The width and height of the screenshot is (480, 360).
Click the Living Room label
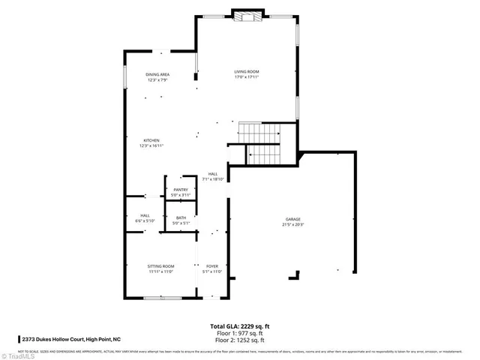246,72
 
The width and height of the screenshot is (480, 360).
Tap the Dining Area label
157,74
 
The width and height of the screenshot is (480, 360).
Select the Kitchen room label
151,140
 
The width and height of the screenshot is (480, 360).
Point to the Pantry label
181,190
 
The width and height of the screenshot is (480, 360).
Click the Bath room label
181,218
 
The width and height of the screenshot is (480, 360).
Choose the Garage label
292,218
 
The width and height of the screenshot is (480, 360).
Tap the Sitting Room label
160,266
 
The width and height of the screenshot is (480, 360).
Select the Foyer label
212,266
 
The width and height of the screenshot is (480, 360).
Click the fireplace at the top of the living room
247,16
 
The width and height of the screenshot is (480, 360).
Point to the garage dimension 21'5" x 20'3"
292,224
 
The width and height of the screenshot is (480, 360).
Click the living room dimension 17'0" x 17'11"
246,77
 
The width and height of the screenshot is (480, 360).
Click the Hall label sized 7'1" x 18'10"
214,176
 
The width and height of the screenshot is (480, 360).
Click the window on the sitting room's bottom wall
163,298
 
